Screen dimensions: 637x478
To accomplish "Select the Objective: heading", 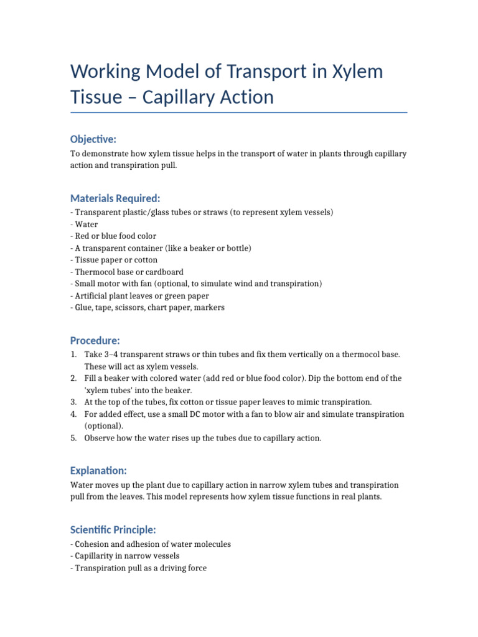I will (x=93, y=139).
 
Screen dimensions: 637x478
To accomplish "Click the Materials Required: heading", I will (x=115, y=198).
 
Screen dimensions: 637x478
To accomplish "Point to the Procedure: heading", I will (x=95, y=340).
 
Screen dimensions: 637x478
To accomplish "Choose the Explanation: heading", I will (x=98, y=471).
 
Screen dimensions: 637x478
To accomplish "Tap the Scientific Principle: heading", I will (x=113, y=529).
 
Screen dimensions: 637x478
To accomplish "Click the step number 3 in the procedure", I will (x=73, y=402).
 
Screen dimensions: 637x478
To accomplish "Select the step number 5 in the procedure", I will (x=73, y=438).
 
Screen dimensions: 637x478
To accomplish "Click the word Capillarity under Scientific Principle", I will (x=95, y=556).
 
